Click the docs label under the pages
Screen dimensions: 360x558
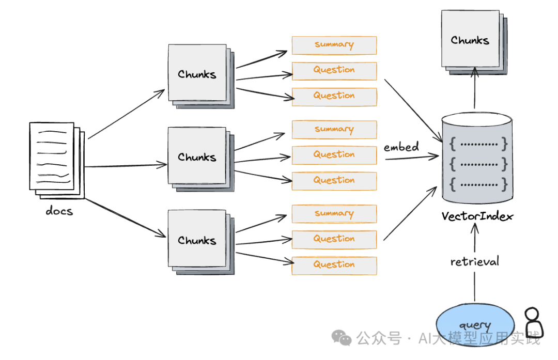[x=59, y=211]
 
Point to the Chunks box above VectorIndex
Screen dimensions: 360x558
[x=470, y=40]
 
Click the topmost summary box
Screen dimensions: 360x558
[x=334, y=45]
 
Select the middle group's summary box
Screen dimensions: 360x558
[x=334, y=130]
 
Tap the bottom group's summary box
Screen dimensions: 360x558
[x=334, y=214]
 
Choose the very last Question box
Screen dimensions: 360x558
[x=334, y=265]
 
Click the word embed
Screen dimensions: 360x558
[x=401, y=147]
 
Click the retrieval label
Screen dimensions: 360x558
[x=475, y=262]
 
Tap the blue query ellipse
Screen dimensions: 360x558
[x=475, y=325]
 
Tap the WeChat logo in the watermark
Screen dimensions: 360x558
[x=342, y=338]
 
